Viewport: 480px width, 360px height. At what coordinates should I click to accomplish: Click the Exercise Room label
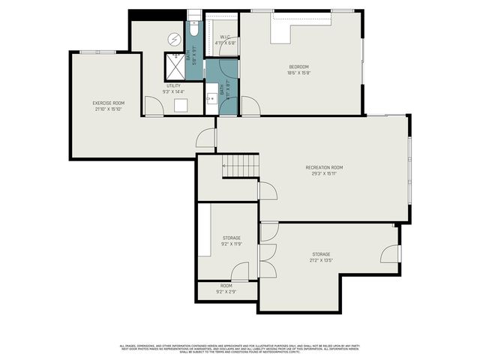[108, 103]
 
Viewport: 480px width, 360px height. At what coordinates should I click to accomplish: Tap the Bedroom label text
[298, 67]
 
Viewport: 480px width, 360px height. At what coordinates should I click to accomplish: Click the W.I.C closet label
[225, 37]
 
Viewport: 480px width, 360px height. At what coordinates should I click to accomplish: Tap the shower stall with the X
[174, 67]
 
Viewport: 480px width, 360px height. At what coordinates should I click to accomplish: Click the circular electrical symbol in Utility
[174, 39]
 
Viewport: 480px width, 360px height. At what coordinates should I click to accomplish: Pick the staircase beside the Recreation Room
[240, 165]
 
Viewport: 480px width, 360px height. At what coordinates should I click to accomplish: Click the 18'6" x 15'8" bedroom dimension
[298, 73]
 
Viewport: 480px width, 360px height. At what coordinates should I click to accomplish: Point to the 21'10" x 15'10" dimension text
[108, 109]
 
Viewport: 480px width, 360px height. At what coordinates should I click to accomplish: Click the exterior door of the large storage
[391, 253]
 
